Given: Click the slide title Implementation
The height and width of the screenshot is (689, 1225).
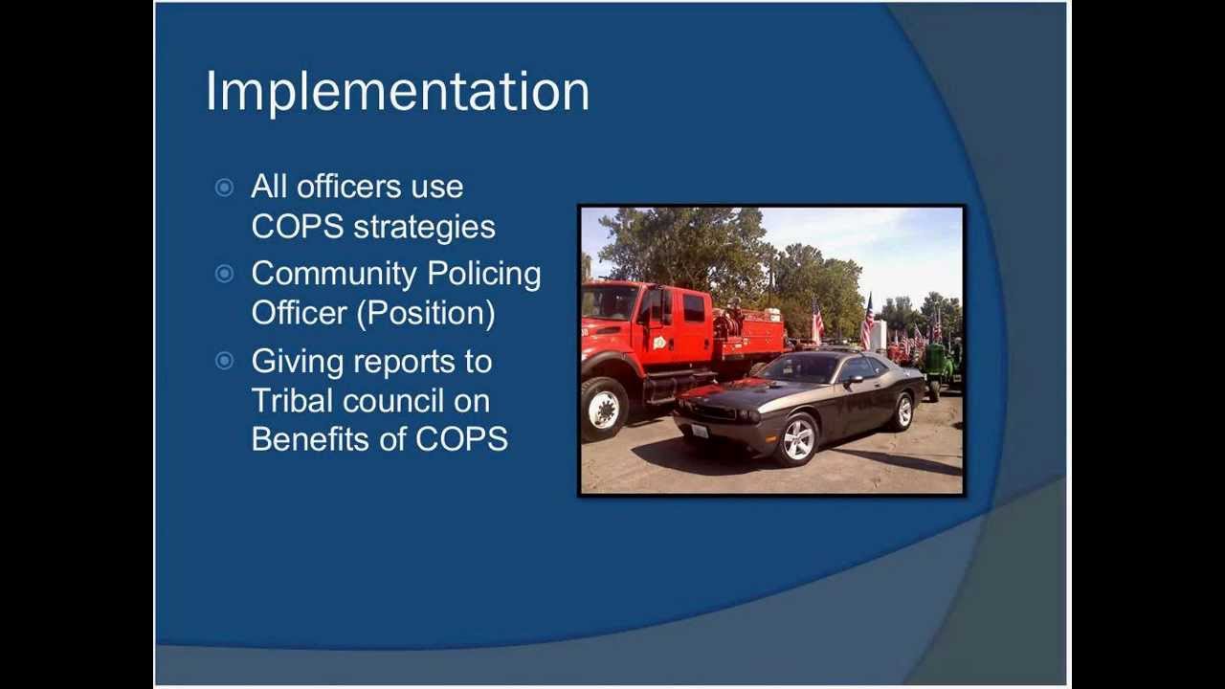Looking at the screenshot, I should pyautogui.click(x=397, y=92).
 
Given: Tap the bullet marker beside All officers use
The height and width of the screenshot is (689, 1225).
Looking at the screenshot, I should pyautogui.click(x=224, y=188).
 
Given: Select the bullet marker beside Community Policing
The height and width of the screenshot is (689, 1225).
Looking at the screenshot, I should pyautogui.click(x=224, y=274).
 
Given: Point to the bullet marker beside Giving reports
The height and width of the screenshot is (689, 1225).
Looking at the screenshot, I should pyautogui.click(x=224, y=361).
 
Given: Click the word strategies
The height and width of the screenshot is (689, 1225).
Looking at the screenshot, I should pyautogui.click(x=424, y=228).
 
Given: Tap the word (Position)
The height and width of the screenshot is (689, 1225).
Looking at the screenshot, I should pyautogui.click(x=426, y=314).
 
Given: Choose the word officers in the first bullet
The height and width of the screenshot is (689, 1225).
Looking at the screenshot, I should pyautogui.click(x=349, y=187).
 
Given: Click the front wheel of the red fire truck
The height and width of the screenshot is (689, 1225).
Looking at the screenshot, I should pyautogui.click(x=604, y=409).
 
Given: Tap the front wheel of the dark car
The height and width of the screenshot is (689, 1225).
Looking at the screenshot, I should pyautogui.click(x=797, y=438).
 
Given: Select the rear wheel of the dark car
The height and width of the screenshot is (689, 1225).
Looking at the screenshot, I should pyautogui.click(x=902, y=411).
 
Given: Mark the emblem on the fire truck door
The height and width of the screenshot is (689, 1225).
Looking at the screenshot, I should pyautogui.click(x=659, y=342).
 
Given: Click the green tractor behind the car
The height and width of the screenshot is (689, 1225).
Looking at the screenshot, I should pyautogui.click(x=936, y=367).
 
